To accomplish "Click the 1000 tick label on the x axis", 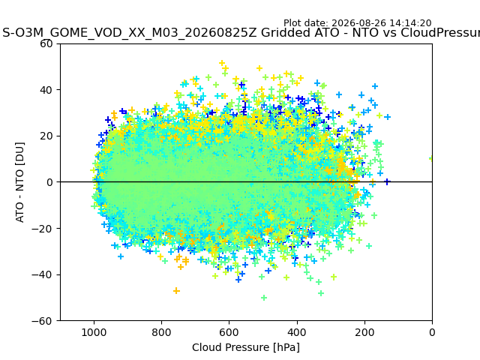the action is tap(94, 332).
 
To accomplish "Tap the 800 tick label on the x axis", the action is tap(161, 332).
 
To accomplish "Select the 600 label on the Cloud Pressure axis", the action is tap(229, 332).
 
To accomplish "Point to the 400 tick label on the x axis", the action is tap(297, 332).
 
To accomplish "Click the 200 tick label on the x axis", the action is tap(364, 332).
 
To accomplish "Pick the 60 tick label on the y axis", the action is tap(46, 43).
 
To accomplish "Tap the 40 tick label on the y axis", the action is tap(46, 90).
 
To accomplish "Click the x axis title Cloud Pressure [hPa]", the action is tap(246, 348).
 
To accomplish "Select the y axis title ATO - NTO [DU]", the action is tap(20, 182).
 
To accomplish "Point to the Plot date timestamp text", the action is tap(357, 23).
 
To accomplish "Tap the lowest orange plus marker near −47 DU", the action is tap(176, 290).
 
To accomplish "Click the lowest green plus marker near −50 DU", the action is tap(264, 298).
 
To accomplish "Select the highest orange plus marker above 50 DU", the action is tap(222, 63).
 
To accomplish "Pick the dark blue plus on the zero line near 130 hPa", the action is tap(387, 181).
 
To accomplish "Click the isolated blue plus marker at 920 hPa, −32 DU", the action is tap(121, 256).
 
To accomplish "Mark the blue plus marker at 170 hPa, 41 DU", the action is tap(375, 86).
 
